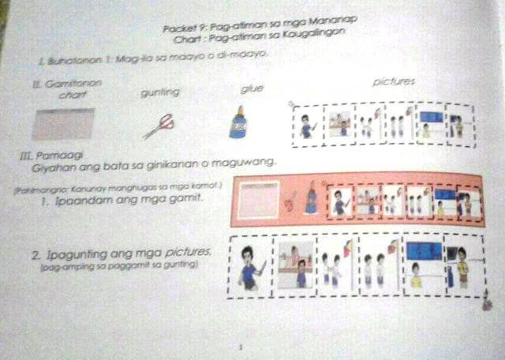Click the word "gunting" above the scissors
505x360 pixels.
159,92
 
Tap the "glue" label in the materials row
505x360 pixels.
251,88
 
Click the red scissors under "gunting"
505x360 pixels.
159,125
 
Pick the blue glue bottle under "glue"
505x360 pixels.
238,124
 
